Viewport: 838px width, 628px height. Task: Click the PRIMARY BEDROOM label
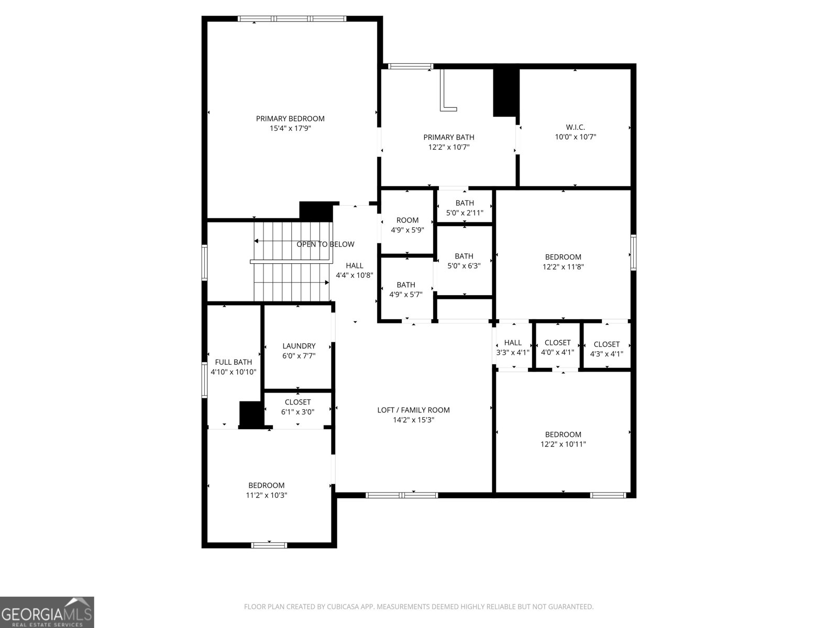(290, 119)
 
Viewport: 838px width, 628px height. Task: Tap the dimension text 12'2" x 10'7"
(449, 147)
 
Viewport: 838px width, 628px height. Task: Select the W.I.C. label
(575, 127)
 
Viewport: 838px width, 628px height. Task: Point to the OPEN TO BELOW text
(325, 244)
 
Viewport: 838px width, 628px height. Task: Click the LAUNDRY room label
(299, 346)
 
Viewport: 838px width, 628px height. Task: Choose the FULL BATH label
(233, 362)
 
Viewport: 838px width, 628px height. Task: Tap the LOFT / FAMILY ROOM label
(413, 410)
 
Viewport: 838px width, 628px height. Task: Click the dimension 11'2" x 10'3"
(267, 495)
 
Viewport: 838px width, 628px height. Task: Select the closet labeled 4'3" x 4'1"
(607, 349)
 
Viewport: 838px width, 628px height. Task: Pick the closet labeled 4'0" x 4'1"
(557, 347)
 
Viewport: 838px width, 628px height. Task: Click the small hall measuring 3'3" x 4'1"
(513, 347)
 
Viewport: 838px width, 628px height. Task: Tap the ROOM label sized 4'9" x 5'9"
(407, 220)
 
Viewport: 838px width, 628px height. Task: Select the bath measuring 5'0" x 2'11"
(465, 208)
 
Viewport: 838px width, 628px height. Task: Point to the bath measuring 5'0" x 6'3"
(464, 261)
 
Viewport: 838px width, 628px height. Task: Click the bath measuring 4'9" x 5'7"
(405, 289)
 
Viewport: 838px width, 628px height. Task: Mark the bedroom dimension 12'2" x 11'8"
(563, 266)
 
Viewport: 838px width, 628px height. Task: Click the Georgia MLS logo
(47, 612)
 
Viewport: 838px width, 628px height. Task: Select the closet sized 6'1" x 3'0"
(297, 407)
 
